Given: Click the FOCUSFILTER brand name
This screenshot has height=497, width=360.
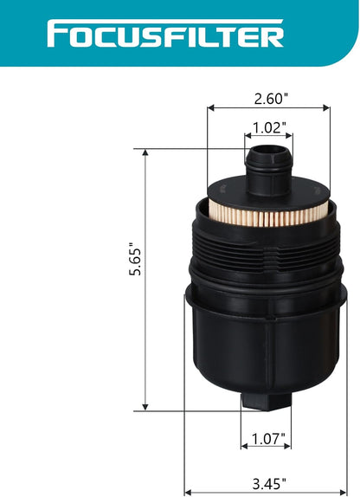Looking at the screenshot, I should [x=165, y=34].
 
